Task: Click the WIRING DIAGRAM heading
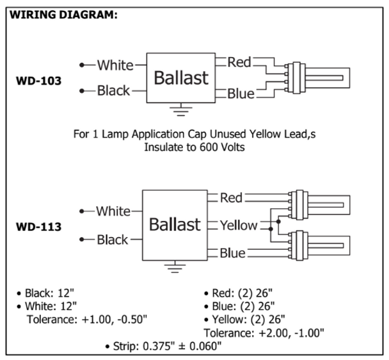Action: click(x=63, y=15)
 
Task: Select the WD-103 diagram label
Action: click(x=38, y=81)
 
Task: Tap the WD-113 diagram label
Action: click(x=38, y=227)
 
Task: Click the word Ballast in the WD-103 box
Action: click(x=181, y=78)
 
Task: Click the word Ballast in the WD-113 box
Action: click(x=175, y=224)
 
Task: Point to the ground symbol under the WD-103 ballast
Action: click(x=181, y=110)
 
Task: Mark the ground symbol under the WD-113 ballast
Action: click(x=175, y=267)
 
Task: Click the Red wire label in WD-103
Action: click(x=239, y=62)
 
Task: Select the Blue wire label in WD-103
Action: click(x=241, y=94)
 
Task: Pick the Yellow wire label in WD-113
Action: click(x=239, y=225)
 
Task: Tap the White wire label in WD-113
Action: click(x=113, y=211)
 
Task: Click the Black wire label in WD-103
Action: click(x=113, y=90)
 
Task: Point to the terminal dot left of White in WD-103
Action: click(x=82, y=65)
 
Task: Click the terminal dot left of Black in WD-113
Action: click(x=82, y=240)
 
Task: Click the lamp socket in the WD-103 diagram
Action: click(x=295, y=78)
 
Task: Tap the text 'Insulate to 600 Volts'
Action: click(x=194, y=147)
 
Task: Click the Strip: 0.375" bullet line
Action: click(x=164, y=346)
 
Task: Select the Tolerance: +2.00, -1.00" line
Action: click(x=264, y=333)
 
